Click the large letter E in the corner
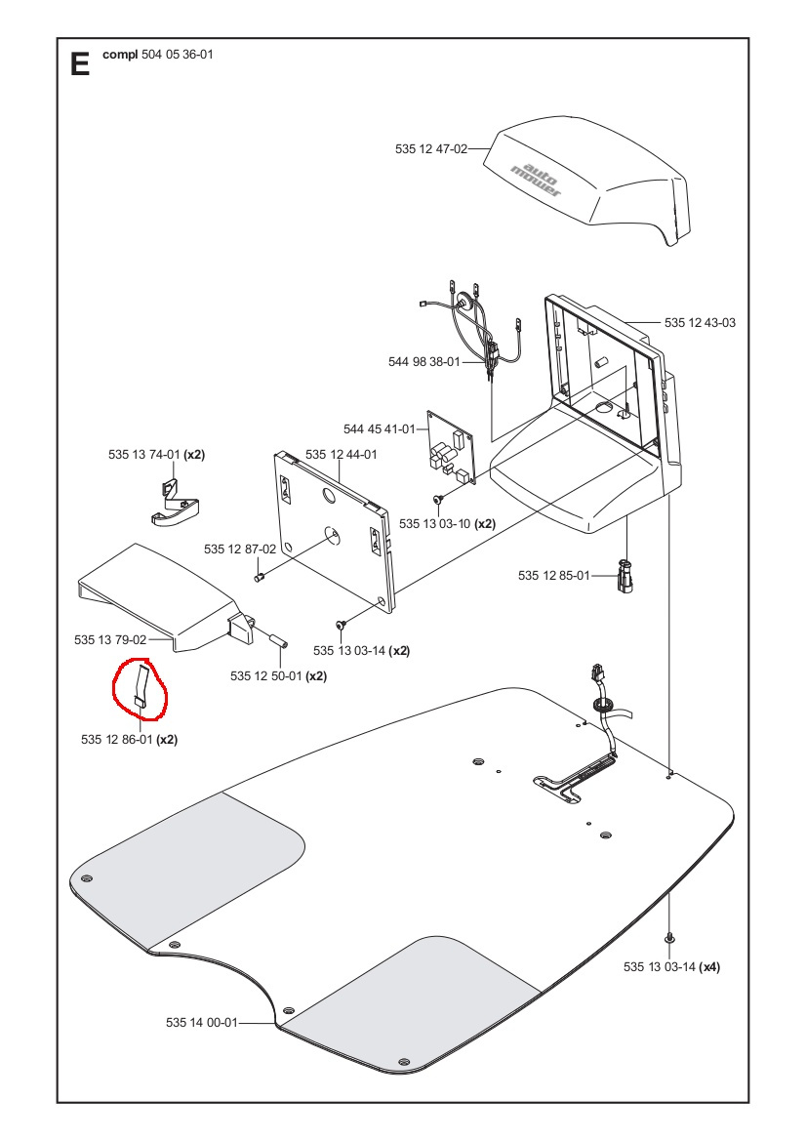point(80,64)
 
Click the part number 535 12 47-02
point(430,149)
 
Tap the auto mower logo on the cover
point(537,177)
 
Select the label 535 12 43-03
point(700,322)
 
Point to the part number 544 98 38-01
point(423,362)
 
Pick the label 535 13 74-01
point(143,455)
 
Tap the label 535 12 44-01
point(341,455)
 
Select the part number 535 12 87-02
point(240,550)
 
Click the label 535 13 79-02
point(109,640)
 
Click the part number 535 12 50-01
point(266,675)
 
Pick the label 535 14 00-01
point(201,1023)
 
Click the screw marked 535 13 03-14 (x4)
point(669,938)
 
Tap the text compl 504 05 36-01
point(157,55)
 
